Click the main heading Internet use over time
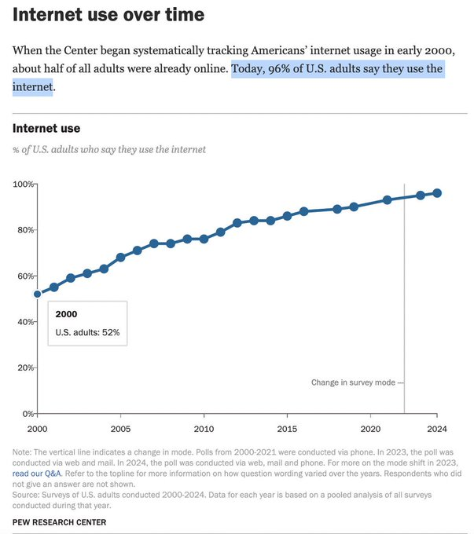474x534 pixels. click(x=108, y=15)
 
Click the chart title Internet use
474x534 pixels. click(x=46, y=128)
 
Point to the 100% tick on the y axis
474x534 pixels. click(x=24, y=185)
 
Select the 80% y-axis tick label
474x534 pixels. click(x=24, y=230)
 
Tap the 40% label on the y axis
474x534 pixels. click(x=24, y=322)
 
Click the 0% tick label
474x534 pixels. click(x=26, y=414)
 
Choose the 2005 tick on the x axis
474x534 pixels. click(x=120, y=429)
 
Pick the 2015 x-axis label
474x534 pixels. click(x=287, y=429)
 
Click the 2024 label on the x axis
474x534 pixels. click(x=437, y=429)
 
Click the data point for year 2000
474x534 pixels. click(x=37, y=294)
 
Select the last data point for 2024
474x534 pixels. click(x=437, y=193)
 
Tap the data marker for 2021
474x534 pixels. click(x=387, y=200)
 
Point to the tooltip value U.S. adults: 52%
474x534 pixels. click(x=86, y=332)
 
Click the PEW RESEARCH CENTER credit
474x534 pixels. click(x=59, y=522)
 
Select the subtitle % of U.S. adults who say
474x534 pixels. click(x=109, y=149)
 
